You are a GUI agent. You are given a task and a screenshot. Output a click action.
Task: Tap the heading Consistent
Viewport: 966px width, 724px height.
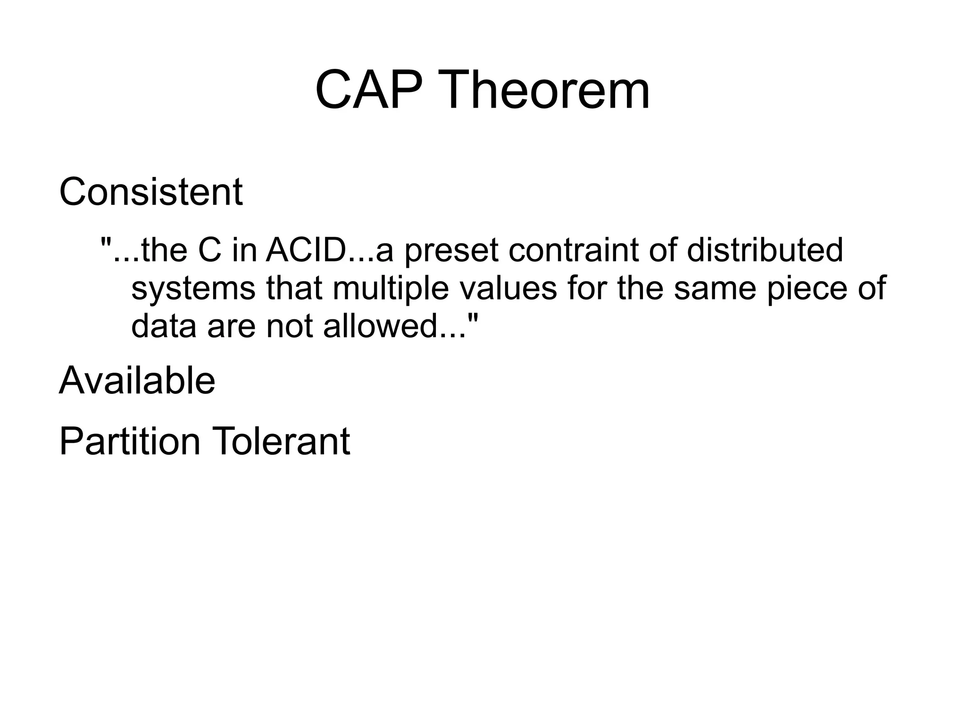[x=150, y=192]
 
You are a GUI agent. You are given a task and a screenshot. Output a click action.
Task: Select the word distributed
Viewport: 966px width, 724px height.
[x=765, y=250]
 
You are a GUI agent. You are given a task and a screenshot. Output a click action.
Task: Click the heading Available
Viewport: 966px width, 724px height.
[x=137, y=380]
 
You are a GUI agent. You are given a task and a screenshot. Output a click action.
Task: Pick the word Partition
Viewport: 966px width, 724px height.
[x=130, y=441]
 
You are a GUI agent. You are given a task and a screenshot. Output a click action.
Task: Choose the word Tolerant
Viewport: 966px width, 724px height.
[x=282, y=441]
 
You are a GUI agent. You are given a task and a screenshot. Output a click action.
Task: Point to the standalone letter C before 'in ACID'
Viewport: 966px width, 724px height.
[x=209, y=250]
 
